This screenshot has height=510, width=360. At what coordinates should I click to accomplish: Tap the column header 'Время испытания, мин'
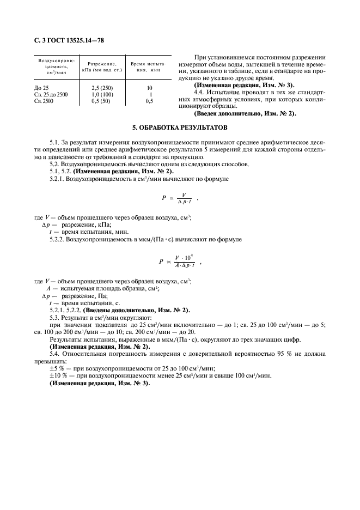point(148,67)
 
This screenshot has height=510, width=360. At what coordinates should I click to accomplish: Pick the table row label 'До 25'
point(41,88)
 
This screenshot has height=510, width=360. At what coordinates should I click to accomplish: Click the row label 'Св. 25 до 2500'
point(51,94)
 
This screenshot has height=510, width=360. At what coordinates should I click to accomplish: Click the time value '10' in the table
point(150,88)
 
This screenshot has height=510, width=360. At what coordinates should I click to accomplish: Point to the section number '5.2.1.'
point(58,178)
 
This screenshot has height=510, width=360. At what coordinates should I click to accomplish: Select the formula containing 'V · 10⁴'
point(177,261)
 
